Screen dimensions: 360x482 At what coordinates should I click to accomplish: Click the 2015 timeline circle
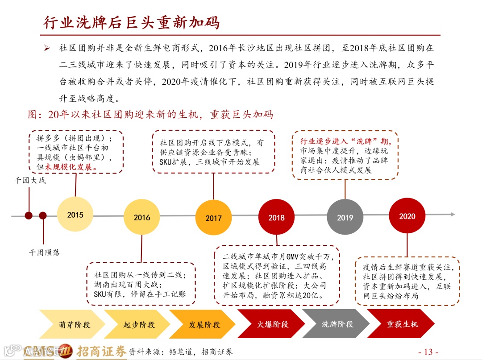[x=75, y=215]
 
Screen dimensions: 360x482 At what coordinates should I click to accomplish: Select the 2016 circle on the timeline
[x=142, y=217]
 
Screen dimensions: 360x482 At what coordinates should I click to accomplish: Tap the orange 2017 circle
[x=213, y=218]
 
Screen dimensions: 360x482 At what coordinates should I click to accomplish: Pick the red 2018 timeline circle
[x=276, y=217]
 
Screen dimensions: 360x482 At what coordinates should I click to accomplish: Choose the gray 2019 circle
[x=345, y=217]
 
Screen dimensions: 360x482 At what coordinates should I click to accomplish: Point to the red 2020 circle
[x=407, y=216]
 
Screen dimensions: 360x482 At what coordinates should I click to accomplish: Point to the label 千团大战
[x=30, y=180]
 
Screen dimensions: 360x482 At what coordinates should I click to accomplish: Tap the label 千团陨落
[x=44, y=252]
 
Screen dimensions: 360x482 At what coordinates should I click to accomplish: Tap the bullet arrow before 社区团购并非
[x=46, y=48]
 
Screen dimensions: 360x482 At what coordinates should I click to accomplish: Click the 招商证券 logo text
[x=102, y=351]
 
